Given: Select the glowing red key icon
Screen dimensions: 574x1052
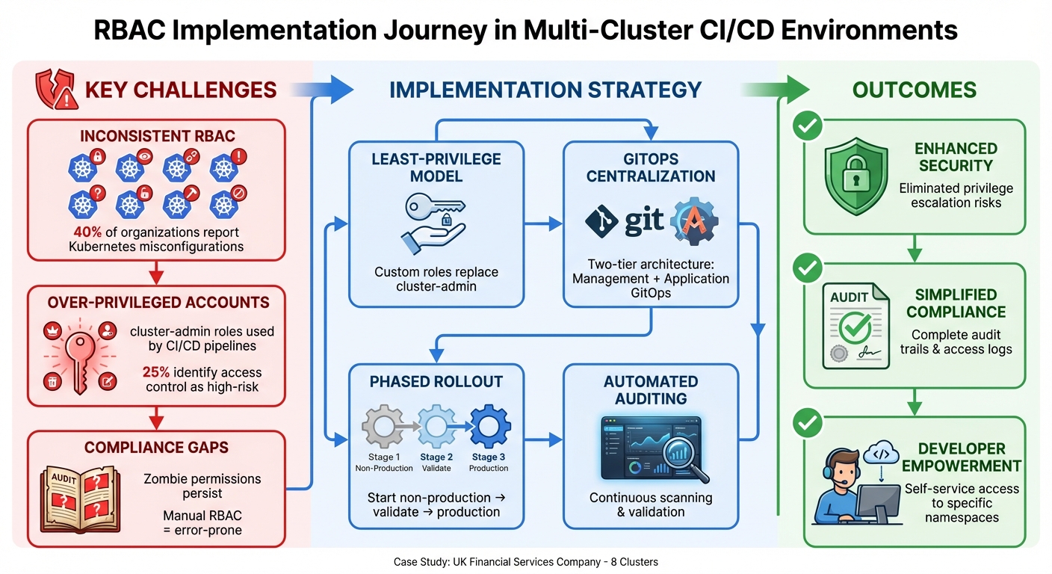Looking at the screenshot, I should point(77,354).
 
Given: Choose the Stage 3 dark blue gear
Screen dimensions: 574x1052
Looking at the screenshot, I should point(489,427).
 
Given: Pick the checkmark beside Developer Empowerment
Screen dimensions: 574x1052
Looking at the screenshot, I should point(805,423).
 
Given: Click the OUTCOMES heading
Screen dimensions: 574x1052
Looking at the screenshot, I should point(914,90).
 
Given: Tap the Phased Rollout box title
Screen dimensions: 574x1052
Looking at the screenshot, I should point(436,382).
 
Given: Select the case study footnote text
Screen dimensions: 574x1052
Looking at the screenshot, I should point(525,561).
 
